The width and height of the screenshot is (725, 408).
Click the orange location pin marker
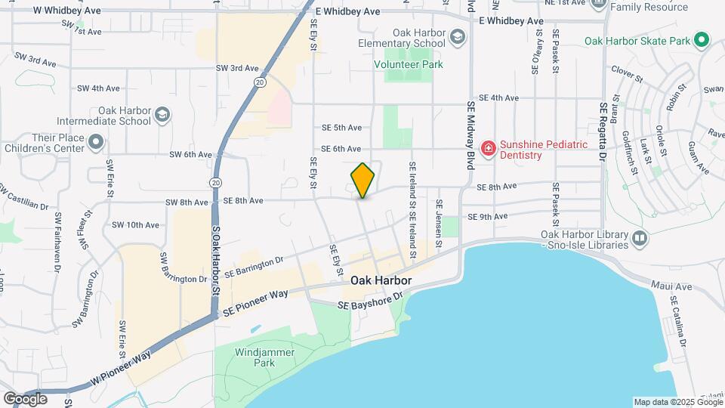362,181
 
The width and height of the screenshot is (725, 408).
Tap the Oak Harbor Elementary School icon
457,36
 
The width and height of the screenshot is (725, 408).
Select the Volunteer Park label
409,65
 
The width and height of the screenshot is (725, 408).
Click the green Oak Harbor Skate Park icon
702,40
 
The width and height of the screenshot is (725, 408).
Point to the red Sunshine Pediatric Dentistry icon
488,149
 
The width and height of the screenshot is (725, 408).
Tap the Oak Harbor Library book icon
640,239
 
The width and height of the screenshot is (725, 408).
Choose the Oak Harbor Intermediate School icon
162,115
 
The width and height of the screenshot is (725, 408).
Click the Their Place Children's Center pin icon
95,142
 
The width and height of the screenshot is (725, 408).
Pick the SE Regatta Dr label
603,131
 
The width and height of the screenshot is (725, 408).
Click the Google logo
25,398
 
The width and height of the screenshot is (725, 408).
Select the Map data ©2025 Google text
677,402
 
